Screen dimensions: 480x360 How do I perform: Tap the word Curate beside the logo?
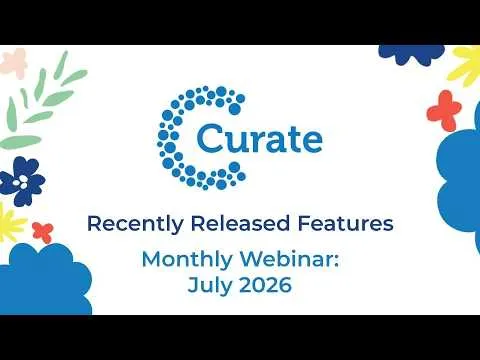point(260,139)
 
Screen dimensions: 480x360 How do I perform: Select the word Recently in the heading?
point(135,224)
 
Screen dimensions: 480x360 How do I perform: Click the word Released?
point(240,223)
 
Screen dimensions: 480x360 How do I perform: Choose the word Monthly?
point(187,260)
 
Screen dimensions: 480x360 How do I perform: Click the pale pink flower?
point(14,63)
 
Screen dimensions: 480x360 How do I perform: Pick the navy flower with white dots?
point(22,181)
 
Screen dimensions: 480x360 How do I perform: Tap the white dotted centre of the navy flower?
point(23,182)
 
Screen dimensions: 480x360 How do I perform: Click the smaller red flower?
point(43,232)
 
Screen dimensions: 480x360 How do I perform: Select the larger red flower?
point(444,111)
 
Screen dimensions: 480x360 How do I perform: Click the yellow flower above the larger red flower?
point(467,65)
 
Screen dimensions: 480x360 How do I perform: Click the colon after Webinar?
point(336,261)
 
